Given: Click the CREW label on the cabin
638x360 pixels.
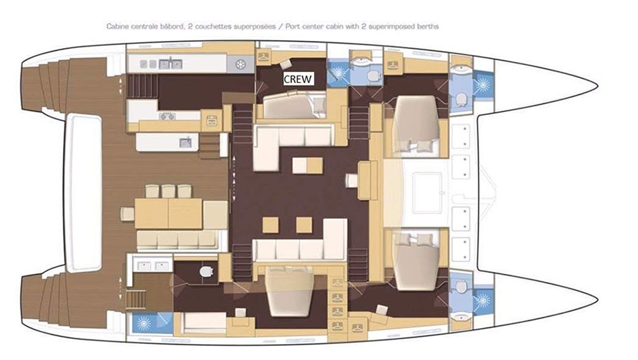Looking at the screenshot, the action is (298, 79).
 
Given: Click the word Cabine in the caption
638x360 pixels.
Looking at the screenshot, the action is (118, 26).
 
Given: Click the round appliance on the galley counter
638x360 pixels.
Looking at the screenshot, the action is (241, 64).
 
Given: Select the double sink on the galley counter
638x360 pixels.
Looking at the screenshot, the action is (170, 64).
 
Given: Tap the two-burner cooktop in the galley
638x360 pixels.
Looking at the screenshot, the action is (168, 116).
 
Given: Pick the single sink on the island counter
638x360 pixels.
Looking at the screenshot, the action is (186, 142).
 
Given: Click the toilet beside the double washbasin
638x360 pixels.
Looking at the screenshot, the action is (207, 271).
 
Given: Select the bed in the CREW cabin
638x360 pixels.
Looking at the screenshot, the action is (295, 105).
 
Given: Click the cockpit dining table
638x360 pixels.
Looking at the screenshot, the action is (168, 213).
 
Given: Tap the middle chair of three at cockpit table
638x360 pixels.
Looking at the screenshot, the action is (168, 191).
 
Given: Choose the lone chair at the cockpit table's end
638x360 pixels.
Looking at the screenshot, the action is (128, 214).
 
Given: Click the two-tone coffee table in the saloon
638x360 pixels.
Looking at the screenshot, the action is (308, 166).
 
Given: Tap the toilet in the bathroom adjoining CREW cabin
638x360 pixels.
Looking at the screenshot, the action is (373, 76).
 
